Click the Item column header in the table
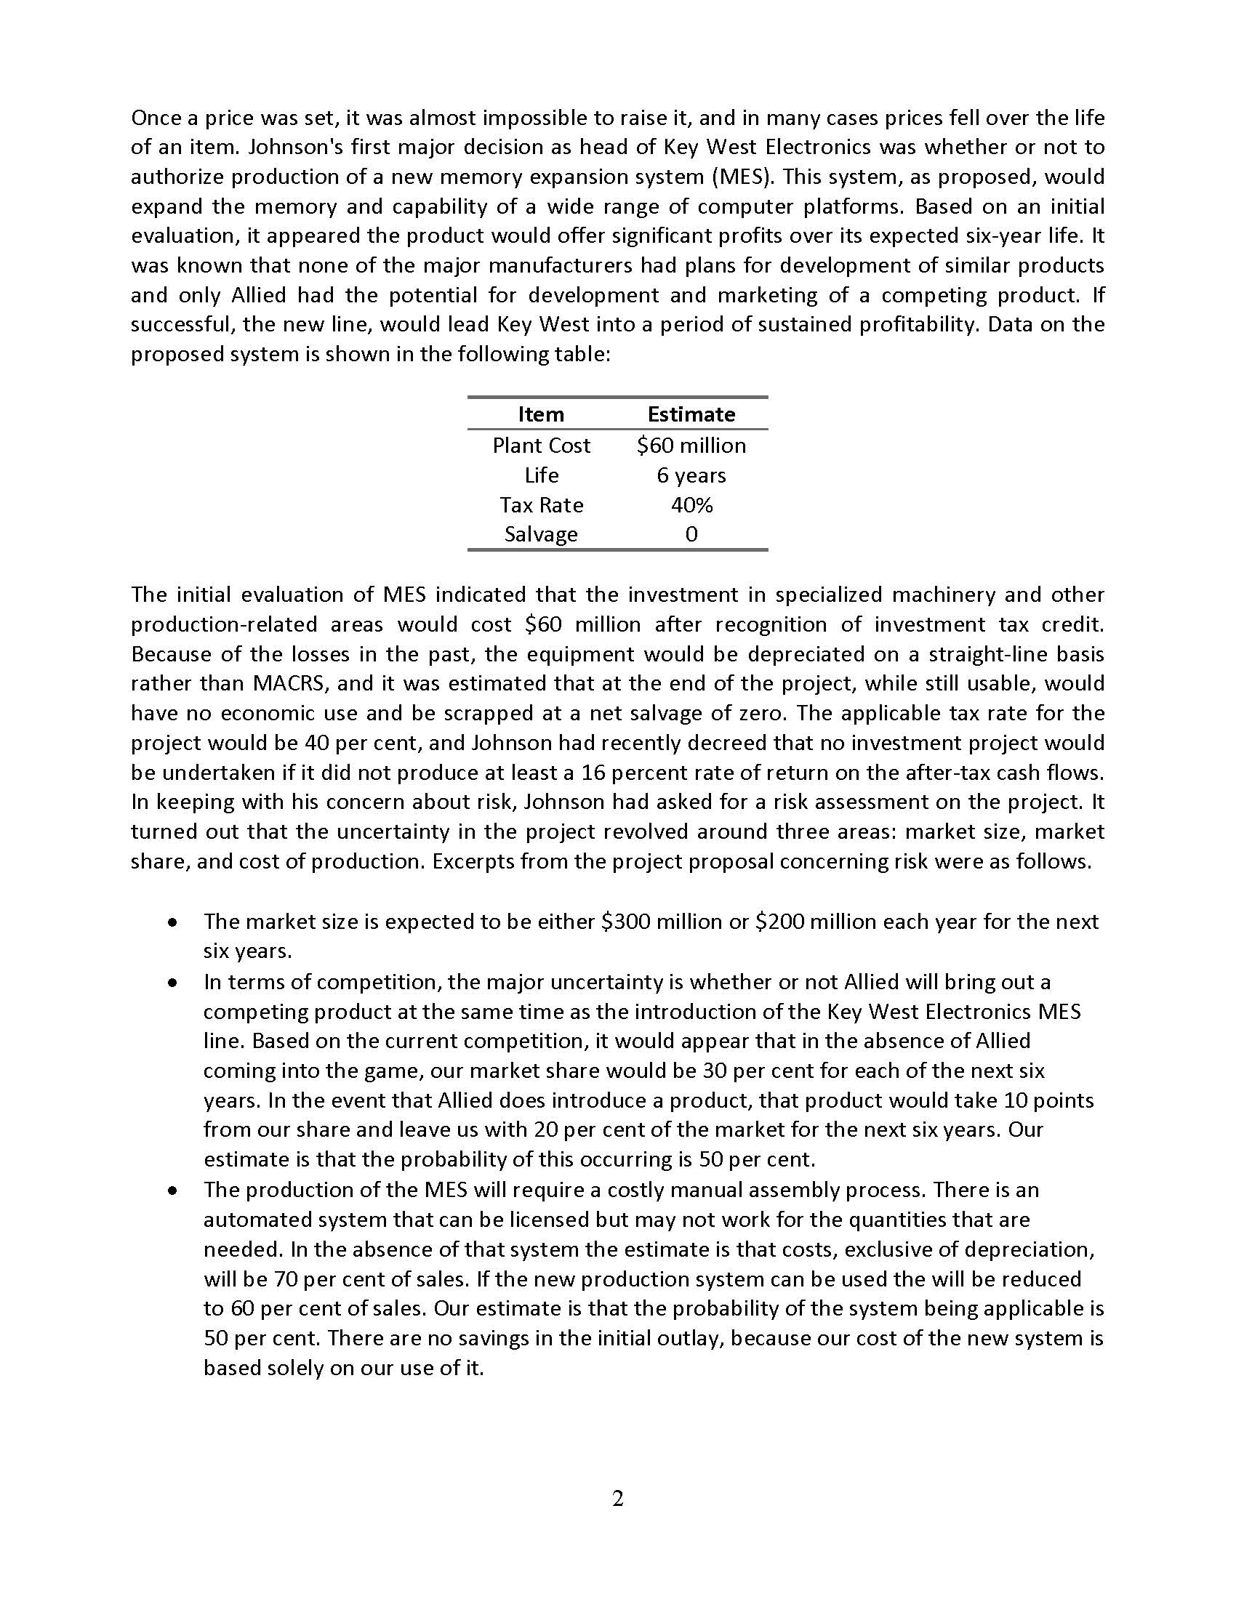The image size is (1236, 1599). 540,414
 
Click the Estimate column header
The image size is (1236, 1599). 691,414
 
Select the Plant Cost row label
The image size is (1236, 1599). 540,445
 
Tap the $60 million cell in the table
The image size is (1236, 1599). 691,445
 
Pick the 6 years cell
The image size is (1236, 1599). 691,475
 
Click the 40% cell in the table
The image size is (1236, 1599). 691,505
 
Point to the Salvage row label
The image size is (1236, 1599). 540,534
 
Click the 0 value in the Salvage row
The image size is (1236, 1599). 691,534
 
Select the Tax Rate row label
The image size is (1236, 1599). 540,505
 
